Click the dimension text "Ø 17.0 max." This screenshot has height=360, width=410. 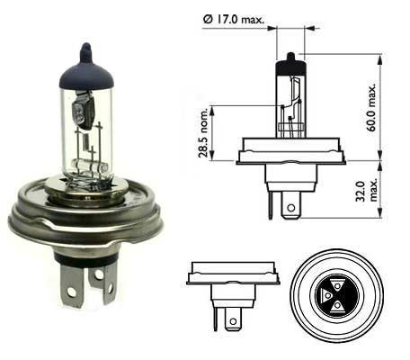pos(234,20)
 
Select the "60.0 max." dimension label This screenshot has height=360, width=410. pos(371,107)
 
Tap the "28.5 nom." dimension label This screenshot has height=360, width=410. pos(203,132)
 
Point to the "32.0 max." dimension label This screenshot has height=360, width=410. pos(367,191)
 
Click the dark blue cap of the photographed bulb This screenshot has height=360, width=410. pos(86,72)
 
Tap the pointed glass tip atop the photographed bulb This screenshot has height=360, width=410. pos(86,49)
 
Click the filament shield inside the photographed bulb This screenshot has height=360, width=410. pos(84,111)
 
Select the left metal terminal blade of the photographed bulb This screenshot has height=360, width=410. pos(71,286)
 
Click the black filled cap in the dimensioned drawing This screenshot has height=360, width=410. pos(290,66)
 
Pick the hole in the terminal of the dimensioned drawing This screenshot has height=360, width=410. pos(290,208)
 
